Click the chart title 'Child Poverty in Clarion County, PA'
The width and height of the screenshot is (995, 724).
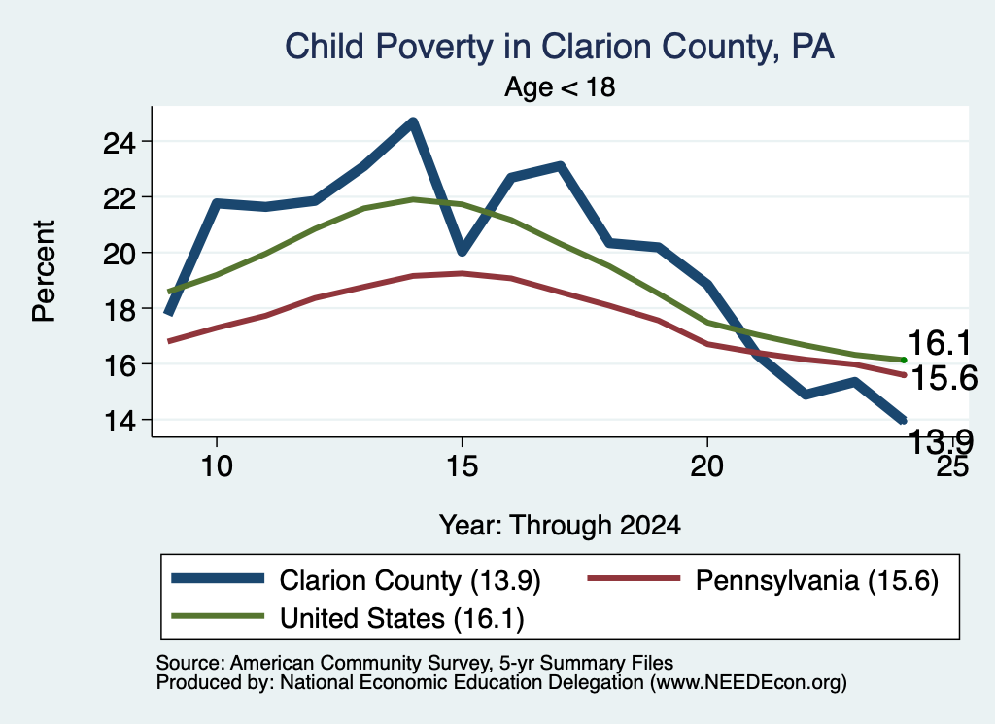559,47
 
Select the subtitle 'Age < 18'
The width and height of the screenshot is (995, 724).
560,86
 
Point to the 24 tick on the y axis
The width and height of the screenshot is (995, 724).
120,143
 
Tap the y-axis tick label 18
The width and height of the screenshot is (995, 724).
120,310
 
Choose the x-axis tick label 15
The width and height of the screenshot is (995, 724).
462,466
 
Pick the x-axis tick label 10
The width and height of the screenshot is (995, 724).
217,466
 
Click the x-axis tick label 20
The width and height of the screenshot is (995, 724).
707,466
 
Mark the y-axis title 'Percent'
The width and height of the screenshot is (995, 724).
45,271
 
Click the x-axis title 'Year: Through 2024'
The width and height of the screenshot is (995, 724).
560,526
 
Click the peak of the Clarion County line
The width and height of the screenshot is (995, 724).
413,121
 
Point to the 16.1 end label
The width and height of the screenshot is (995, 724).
940,343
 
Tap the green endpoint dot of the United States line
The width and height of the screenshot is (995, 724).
904,360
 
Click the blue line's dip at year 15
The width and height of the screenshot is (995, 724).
462,251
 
